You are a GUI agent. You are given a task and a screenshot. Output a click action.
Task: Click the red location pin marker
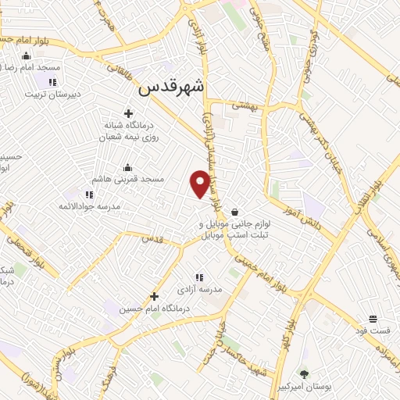200,183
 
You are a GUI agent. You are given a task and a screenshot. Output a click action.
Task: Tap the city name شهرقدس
171,88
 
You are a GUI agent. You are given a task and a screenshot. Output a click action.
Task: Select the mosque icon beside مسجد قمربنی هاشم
128,167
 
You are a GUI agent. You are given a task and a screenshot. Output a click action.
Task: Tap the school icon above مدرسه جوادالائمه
89,195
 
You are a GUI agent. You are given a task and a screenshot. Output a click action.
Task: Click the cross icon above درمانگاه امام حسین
154,296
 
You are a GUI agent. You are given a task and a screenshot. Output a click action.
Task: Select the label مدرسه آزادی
199,289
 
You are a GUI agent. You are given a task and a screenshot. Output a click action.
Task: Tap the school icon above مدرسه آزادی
199,277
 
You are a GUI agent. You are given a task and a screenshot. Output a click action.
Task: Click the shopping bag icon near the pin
234,211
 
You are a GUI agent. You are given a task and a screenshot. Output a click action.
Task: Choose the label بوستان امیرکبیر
305,387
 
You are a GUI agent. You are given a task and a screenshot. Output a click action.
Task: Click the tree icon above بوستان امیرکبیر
305,374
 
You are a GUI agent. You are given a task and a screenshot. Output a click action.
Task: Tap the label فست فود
373,330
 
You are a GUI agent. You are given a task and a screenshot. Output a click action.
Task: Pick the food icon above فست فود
373,319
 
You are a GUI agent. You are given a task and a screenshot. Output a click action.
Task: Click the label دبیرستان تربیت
52,94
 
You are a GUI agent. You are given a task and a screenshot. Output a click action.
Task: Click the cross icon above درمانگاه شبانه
128,113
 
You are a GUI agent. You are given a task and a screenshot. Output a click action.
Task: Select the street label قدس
153,239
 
